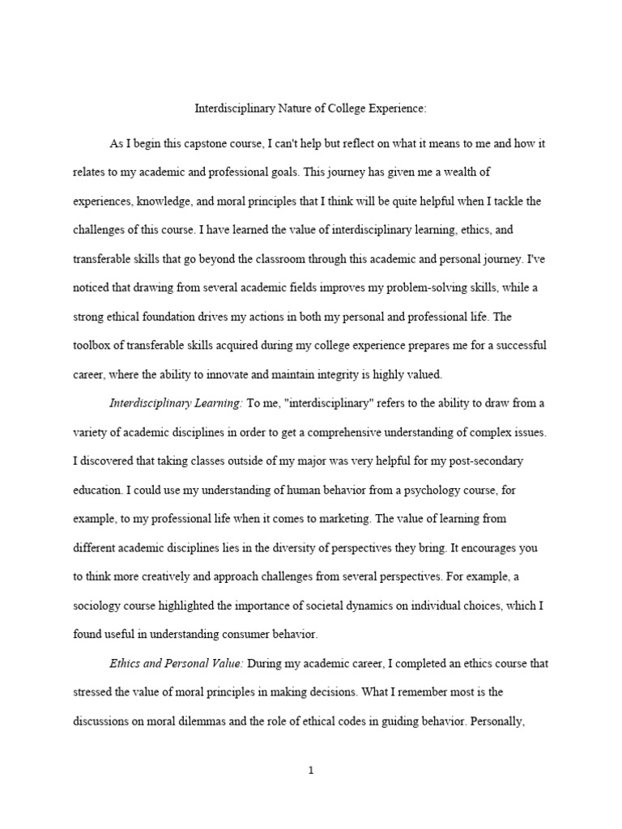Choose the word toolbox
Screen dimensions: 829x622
point(92,346)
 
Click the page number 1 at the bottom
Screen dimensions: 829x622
point(310,771)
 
